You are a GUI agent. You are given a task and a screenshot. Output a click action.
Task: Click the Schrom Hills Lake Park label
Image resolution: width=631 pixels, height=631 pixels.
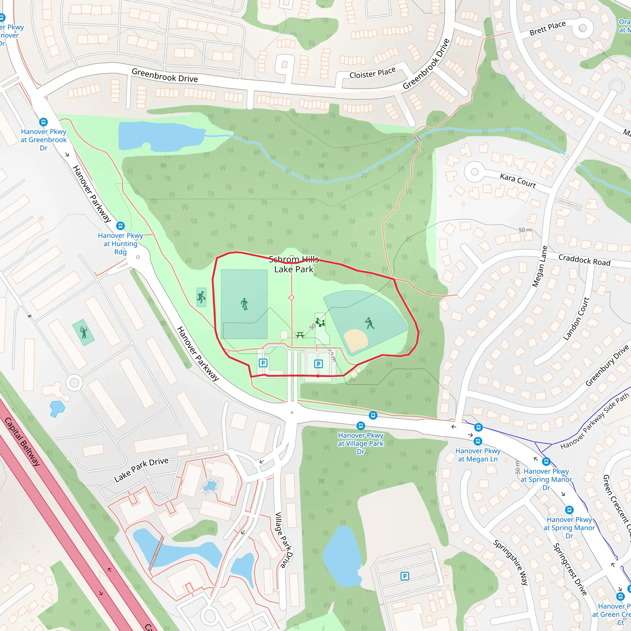[x=293, y=264]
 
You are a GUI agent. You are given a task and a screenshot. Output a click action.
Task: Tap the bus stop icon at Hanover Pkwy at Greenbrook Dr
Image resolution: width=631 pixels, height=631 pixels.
[x=43, y=122]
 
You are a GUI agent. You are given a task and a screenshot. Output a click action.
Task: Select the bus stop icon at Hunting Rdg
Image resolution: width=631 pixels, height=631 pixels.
[x=120, y=226]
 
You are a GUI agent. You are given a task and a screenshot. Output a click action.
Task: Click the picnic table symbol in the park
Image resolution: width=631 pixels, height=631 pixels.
[x=300, y=335]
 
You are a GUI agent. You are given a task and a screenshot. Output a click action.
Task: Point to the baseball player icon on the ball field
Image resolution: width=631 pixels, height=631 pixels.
[x=369, y=323]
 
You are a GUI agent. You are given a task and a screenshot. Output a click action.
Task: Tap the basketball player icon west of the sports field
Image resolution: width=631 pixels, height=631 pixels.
[x=201, y=297]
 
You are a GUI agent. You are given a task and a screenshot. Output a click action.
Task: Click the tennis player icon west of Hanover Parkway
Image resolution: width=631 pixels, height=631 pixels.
[x=83, y=332]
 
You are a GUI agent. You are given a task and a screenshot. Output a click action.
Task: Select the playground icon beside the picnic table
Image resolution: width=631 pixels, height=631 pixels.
[x=320, y=322]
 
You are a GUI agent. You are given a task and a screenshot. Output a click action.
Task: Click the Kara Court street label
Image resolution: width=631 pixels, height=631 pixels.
[x=518, y=181]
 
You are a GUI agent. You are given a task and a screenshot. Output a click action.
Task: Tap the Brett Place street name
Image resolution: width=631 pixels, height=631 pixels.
[x=548, y=28]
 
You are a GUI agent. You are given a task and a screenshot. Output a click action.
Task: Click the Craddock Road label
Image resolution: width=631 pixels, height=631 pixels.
[x=584, y=260]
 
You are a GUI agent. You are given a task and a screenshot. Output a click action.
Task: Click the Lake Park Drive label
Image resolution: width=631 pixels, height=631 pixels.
[x=141, y=470]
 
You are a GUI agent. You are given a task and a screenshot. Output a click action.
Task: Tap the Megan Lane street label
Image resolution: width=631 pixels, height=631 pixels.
[x=539, y=267]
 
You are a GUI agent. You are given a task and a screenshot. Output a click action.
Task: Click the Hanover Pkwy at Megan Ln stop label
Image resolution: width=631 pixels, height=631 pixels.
[x=478, y=455]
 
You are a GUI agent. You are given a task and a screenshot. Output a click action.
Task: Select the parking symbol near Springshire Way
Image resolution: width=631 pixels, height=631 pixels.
[x=405, y=576]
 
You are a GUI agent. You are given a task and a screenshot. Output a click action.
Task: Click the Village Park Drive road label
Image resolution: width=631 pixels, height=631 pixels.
[x=283, y=540]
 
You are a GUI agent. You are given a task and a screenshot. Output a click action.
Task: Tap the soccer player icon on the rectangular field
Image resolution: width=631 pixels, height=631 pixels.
[x=244, y=304]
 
